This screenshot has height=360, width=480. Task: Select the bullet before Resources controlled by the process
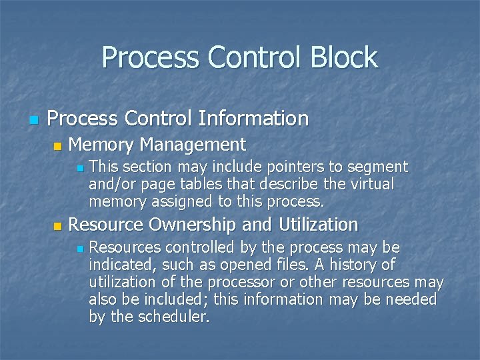coord(79,249)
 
